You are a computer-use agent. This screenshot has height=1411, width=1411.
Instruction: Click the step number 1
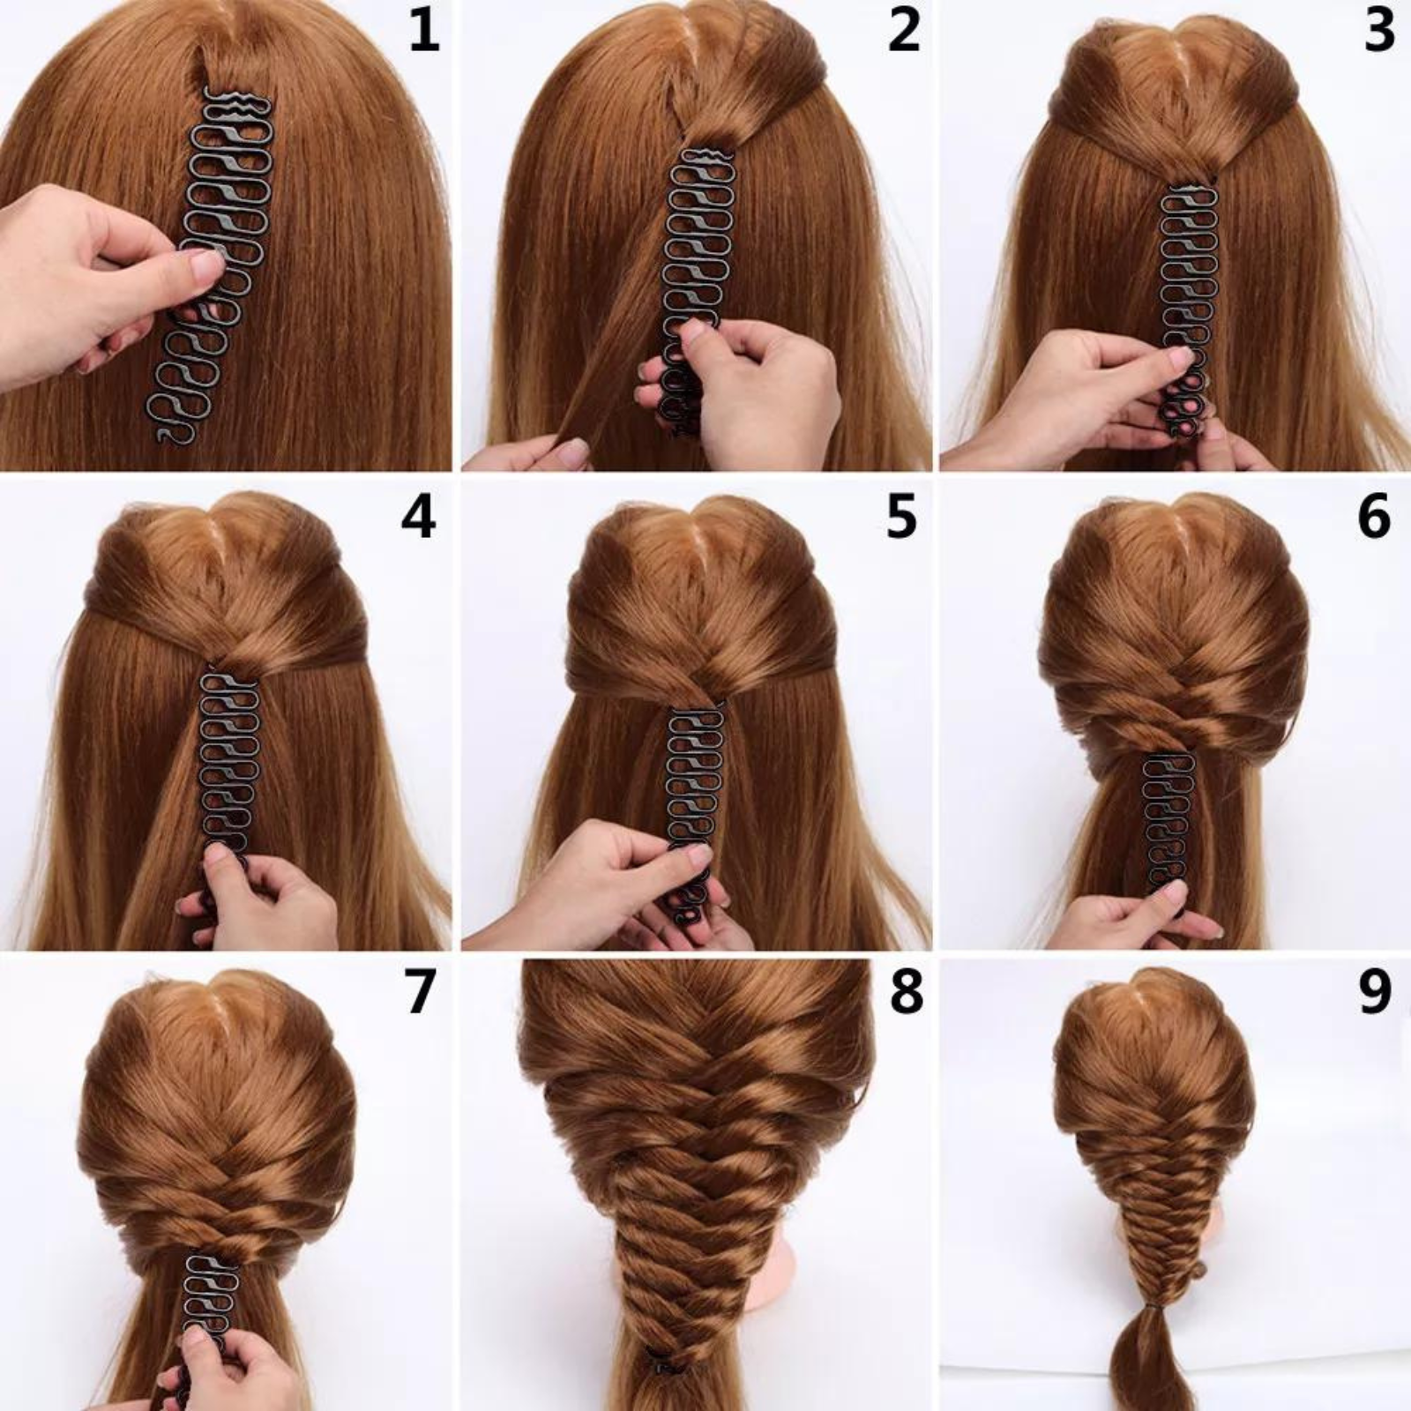click(423, 31)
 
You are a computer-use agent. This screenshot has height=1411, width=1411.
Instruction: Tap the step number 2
click(903, 31)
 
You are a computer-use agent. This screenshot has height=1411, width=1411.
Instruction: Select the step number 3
click(1379, 31)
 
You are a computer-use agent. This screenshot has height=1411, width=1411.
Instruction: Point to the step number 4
click(418, 518)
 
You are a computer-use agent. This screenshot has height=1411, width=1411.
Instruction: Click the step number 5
click(901, 518)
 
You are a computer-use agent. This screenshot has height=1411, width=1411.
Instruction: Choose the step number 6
click(1374, 518)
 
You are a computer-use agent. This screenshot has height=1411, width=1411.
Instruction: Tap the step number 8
click(906, 992)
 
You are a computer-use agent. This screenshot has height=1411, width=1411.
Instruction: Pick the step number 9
click(1375, 992)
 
